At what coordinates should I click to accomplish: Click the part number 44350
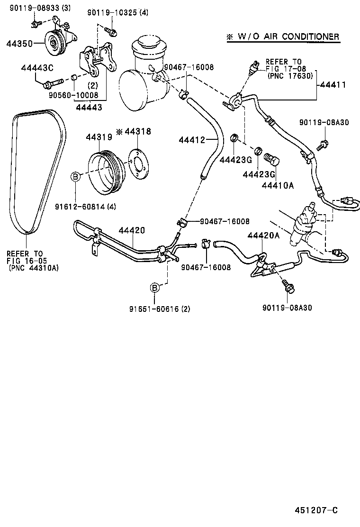pyautogui.click(x=19, y=44)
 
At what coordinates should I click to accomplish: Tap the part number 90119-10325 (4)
pyautogui.click(x=117, y=13)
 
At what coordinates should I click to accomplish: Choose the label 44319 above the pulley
pyautogui.click(x=99, y=137)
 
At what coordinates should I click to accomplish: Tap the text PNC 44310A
pyautogui.click(x=33, y=268)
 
